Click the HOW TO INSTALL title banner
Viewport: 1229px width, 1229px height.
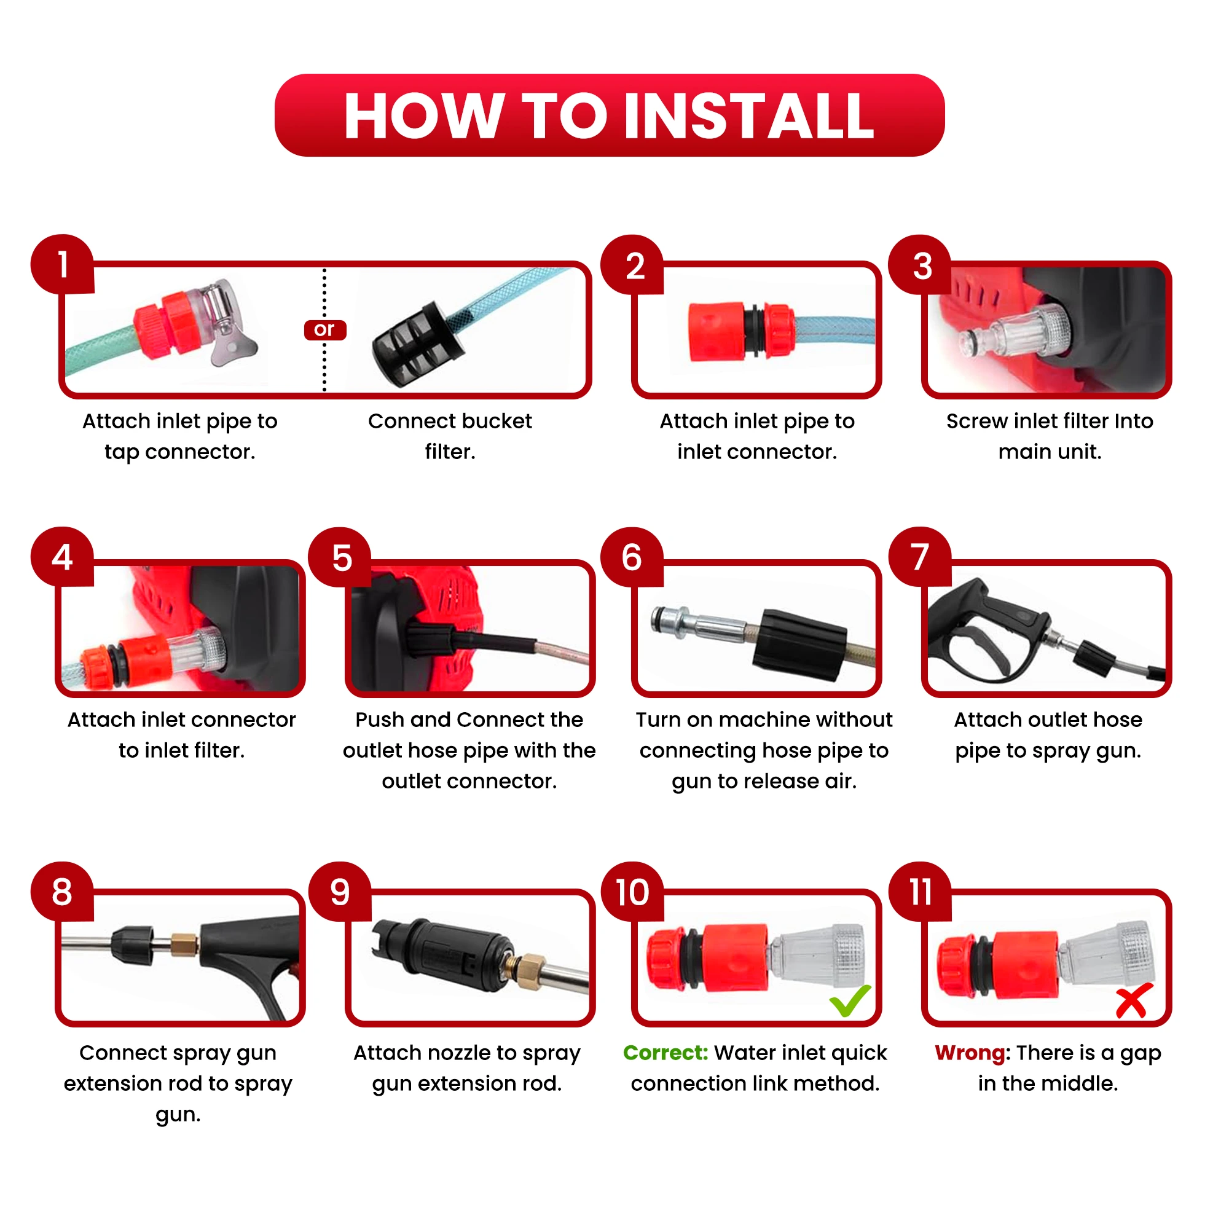pyautogui.click(x=610, y=115)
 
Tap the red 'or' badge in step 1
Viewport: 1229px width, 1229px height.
pyautogui.click(x=325, y=329)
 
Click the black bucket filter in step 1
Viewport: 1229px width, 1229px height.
pyautogui.click(x=418, y=344)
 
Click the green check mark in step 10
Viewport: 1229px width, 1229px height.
pyautogui.click(x=850, y=1000)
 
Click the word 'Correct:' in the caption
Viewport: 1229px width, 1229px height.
pyautogui.click(x=666, y=1053)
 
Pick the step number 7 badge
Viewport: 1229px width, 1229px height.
pyautogui.click(x=920, y=557)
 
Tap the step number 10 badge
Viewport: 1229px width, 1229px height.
pyautogui.click(x=632, y=892)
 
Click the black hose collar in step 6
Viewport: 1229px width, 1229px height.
pyautogui.click(x=799, y=645)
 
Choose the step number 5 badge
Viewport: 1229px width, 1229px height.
pyautogui.click(x=341, y=557)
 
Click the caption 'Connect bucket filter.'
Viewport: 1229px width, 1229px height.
pyautogui.click(x=450, y=436)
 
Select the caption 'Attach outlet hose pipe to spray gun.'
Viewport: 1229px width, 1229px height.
pyautogui.click(x=1048, y=735)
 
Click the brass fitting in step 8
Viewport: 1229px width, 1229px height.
pyautogui.click(x=184, y=943)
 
